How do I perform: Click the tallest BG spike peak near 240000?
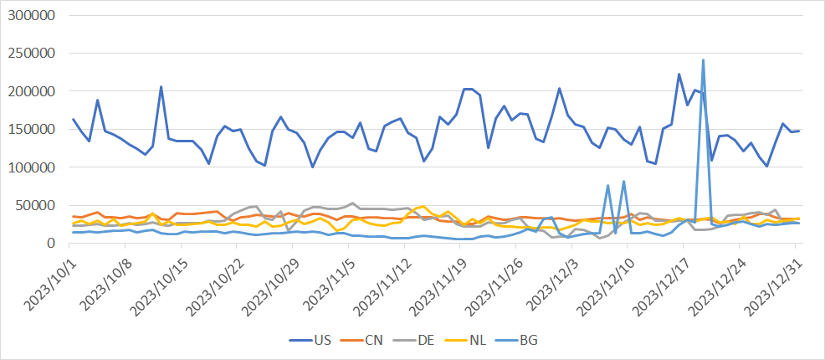coord(703,60)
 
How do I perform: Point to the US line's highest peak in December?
coord(679,75)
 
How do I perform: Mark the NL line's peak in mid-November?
coord(423,206)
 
